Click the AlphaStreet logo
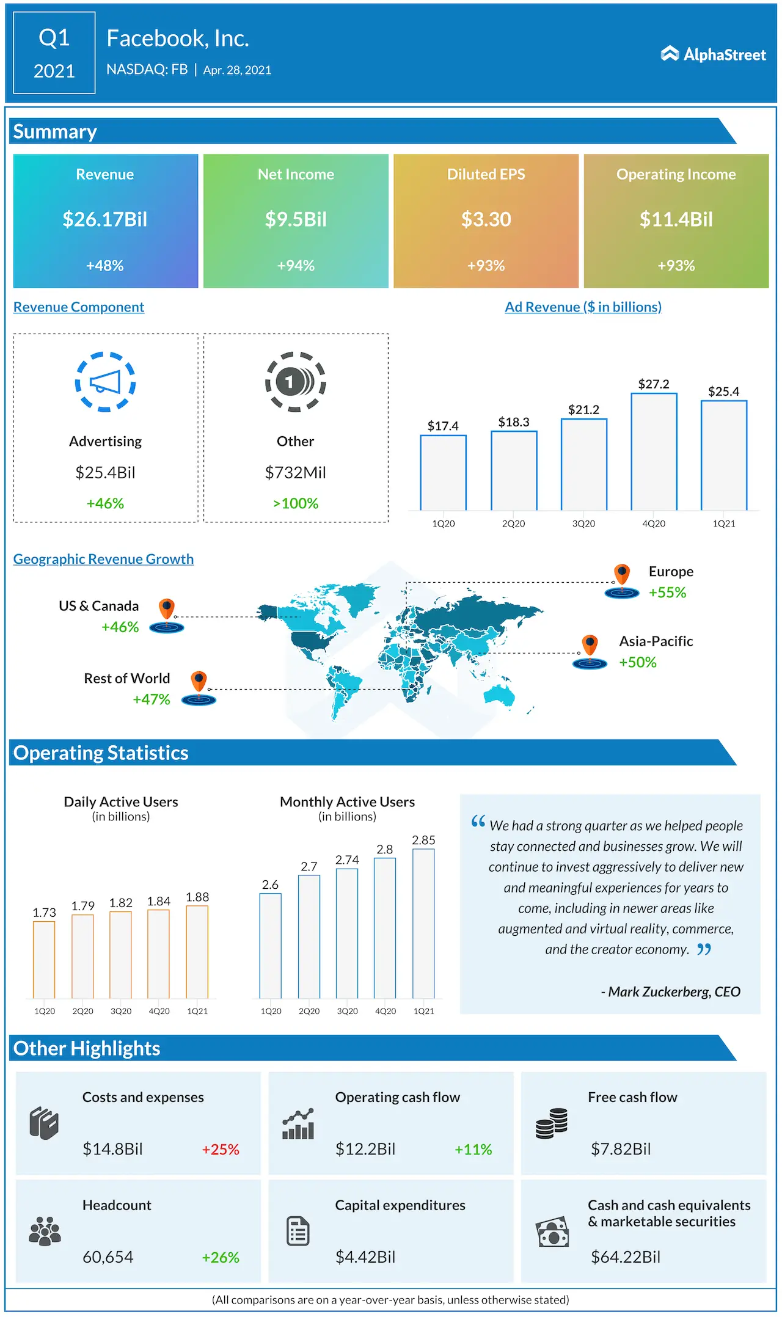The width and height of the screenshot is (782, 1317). click(713, 54)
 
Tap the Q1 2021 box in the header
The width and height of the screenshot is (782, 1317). click(54, 53)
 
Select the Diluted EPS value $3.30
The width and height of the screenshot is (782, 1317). click(486, 219)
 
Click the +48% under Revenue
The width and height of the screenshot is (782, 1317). click(105, 266)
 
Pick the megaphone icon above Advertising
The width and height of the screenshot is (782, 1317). click(105, 382)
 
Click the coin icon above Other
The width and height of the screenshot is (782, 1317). click(295, 382)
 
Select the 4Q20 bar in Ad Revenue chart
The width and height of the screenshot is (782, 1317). click(654, 452)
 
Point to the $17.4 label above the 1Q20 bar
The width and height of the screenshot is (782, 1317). click(443, 426)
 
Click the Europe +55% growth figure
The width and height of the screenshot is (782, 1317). click(667, 593)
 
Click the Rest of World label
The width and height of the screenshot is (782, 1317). click(127, 679)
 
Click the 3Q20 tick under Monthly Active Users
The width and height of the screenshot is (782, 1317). click(347, 1011)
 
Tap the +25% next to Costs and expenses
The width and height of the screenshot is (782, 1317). click(221, 1150)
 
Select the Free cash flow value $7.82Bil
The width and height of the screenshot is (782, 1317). click(621, 1149)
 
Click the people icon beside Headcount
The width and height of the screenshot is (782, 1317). click(45, 1231)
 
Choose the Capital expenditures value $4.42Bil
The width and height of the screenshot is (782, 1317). click(365, 1257)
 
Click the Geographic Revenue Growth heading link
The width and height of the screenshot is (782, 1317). click(103, 559)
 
